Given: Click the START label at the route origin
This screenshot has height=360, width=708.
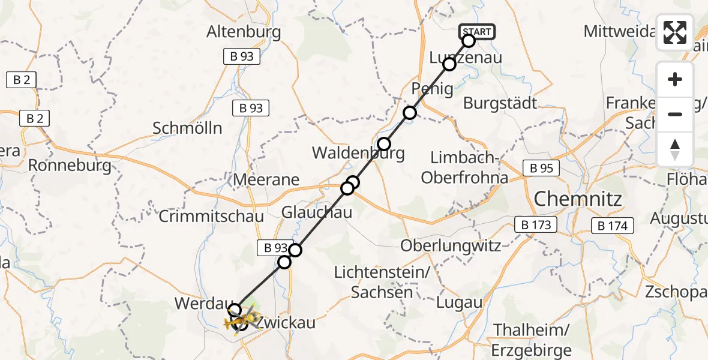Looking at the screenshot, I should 477,32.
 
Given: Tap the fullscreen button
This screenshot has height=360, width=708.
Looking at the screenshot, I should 675,32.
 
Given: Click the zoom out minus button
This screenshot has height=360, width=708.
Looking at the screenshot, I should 675,114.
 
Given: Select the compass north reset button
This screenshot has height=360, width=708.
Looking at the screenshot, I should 675,149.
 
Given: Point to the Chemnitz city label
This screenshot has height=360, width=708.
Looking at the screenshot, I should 578,198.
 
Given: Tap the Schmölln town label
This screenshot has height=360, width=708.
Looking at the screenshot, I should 187,128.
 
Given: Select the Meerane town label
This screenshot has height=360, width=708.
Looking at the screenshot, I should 266,179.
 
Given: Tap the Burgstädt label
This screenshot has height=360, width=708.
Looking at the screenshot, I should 500,103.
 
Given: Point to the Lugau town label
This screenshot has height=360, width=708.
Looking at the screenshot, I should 460,302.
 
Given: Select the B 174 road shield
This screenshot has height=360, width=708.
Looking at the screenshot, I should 613,226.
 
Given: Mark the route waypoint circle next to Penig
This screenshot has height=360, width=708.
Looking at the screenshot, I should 409,113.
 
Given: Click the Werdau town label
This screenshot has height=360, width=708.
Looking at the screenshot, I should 199,303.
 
